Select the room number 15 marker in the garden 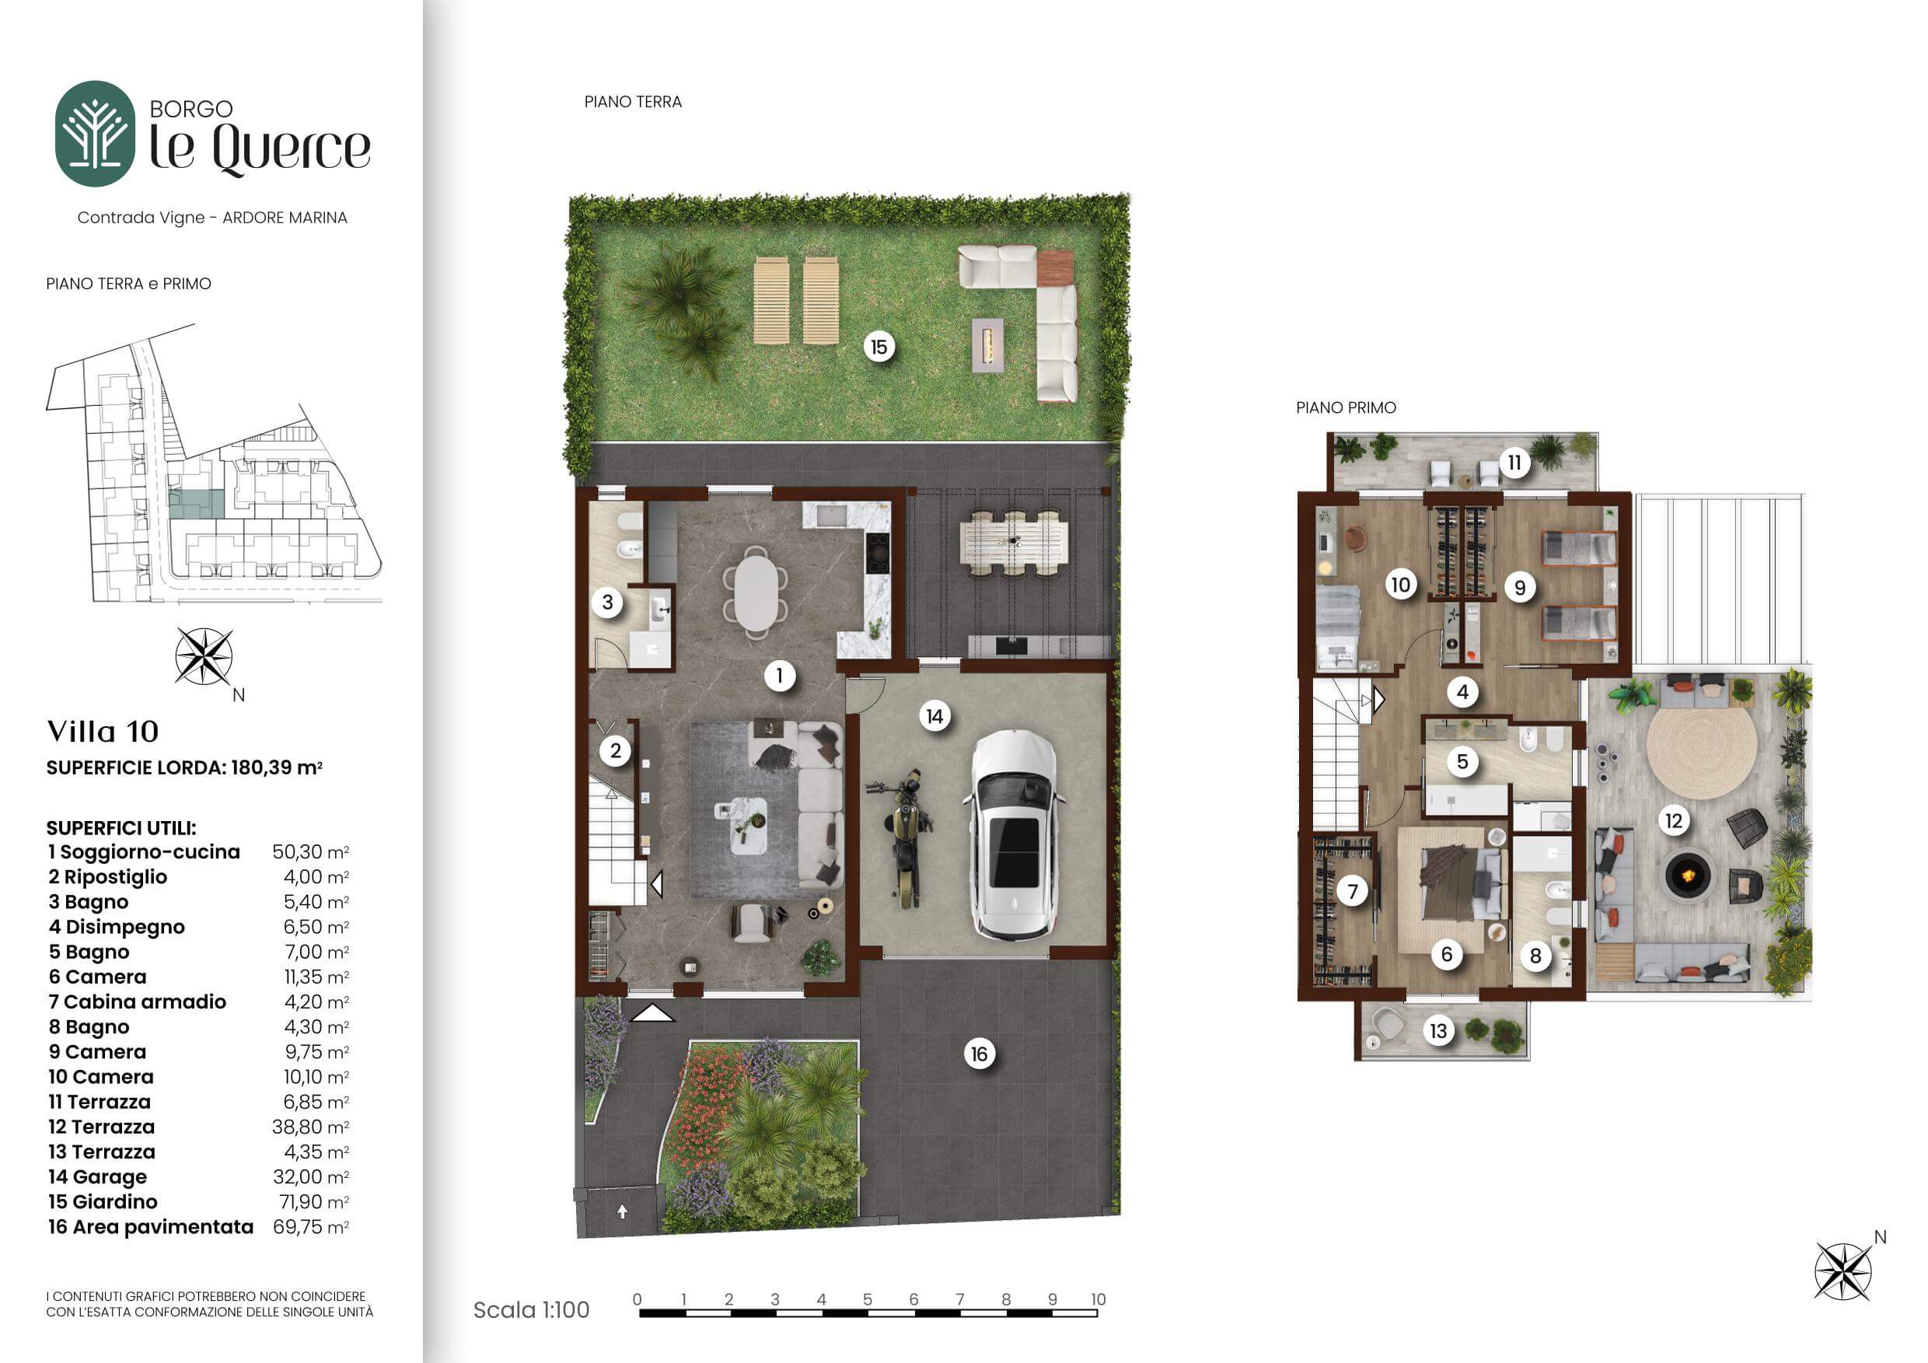click(x=878, y=347)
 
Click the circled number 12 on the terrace click(x=1674, y=820)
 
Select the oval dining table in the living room click(x=756, y=593)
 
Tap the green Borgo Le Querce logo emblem click(x=95, y=133)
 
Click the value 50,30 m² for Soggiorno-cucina click(x=311, y=851)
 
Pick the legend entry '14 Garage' click(x=97, y=1176)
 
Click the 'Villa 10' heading click(x=103, y=732)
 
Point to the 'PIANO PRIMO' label click(x=1346, y=407)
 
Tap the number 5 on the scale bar click(x=868, y=1299)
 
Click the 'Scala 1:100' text click(x=532, y=1309)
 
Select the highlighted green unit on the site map click(x=197, y=504)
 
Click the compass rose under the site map click(x=204, y=657)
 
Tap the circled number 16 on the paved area click(x=979, y=1054)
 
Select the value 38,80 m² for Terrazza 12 click(x=311, y=1127)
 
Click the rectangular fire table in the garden click(x=988, y=344)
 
